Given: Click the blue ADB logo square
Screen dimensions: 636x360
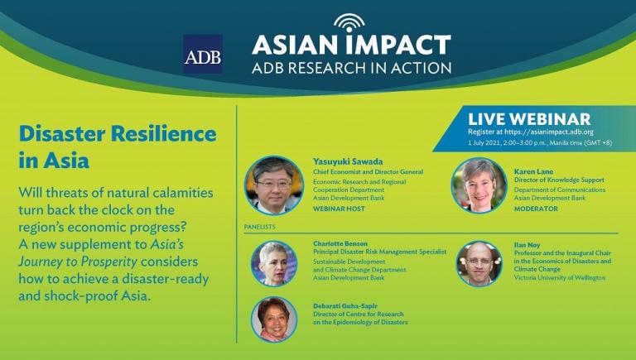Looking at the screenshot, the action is pyautogui.click(x=202, y=54).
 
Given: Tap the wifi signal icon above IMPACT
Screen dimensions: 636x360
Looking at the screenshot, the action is pyautogui.click(x=349, y=22).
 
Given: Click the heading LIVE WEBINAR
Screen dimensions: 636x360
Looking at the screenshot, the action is pyautogui.click(x=529, y=119).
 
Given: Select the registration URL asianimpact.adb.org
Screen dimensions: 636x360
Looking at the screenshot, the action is pyautogui.click(x=549, y=132).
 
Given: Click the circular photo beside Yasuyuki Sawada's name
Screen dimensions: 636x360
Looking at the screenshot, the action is pyautogui.click(x=274, y=185).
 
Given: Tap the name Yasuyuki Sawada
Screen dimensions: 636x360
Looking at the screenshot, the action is pyautogui.click(x=348, y=161).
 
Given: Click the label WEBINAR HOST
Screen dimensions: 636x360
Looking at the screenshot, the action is pyautogui.click(x=339, y=209).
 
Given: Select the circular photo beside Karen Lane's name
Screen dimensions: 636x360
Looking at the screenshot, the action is pyautogui.click(x=479, y=185).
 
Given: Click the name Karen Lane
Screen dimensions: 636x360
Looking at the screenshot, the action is pyautogui.click(x=533, y=171).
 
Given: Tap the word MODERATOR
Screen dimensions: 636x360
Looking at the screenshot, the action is pyautogui.click(x=536, y=209).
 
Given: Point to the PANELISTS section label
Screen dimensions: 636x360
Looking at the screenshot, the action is pyautogui.click(x=259, y=227).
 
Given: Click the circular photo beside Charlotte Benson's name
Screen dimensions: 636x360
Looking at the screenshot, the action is pyautogui.click(x=274, y=264).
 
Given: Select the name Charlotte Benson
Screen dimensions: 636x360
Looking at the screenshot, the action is pyautogui.click(x=340, y=243).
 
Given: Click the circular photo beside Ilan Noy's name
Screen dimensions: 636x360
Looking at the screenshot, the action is pyautogui.click(x=479, y=264).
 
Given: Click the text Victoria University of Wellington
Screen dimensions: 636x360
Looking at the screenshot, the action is pyautogui.click(x=559, y=278).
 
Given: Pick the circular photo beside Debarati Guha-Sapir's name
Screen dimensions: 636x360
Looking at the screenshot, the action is pyautogui.click(x=274, y=319).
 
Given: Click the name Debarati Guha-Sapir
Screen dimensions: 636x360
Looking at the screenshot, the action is pyautogui.click(x=344, y=306).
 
